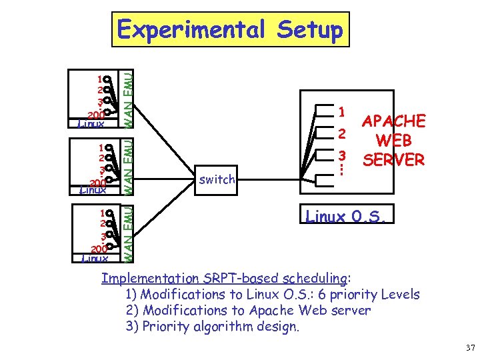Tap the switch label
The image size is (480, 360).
coord(217,179)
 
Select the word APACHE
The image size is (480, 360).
coord(393,122)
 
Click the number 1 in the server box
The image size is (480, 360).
coord(341,111)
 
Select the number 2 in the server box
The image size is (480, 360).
coord(341,134)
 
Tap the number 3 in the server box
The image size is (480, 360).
coord(341,155)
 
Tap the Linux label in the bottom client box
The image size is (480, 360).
coord(94,258)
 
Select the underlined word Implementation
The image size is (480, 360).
coord(150,278)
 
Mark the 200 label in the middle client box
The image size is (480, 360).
coord(97,183)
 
